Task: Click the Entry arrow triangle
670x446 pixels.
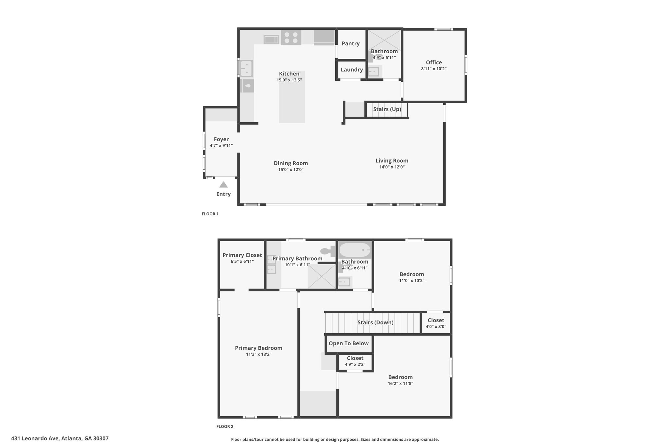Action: [x=223, y=185]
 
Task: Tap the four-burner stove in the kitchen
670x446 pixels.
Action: [x=291, y=38]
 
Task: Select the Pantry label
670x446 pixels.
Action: [x=351, y=43]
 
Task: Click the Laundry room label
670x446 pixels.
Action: [x=352, y=70]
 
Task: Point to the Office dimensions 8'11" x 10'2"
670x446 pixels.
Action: [x=434, y=69]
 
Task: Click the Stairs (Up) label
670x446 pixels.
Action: [x=387, y=109]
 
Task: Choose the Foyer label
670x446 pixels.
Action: [x=221, y=139]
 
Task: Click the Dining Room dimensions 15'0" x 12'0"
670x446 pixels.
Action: [x=291, y=170]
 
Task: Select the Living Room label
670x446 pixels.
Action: [x=392, y=160]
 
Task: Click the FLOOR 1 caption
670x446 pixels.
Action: [x=210, y=214]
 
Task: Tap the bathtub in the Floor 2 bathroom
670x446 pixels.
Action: [x=355, y=250]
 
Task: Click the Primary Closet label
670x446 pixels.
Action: [x=242, y=255]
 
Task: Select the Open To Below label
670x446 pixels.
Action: [x=348, y=343]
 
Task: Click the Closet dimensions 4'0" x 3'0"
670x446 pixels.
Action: [x=436, y=326]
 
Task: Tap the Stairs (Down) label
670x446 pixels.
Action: [x=375, y=322]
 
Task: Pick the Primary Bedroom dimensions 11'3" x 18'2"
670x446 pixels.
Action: [x=258, y=354]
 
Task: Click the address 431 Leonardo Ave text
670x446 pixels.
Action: [x=60, y=438]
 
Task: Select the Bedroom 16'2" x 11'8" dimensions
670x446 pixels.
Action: [x=400, y=384]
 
